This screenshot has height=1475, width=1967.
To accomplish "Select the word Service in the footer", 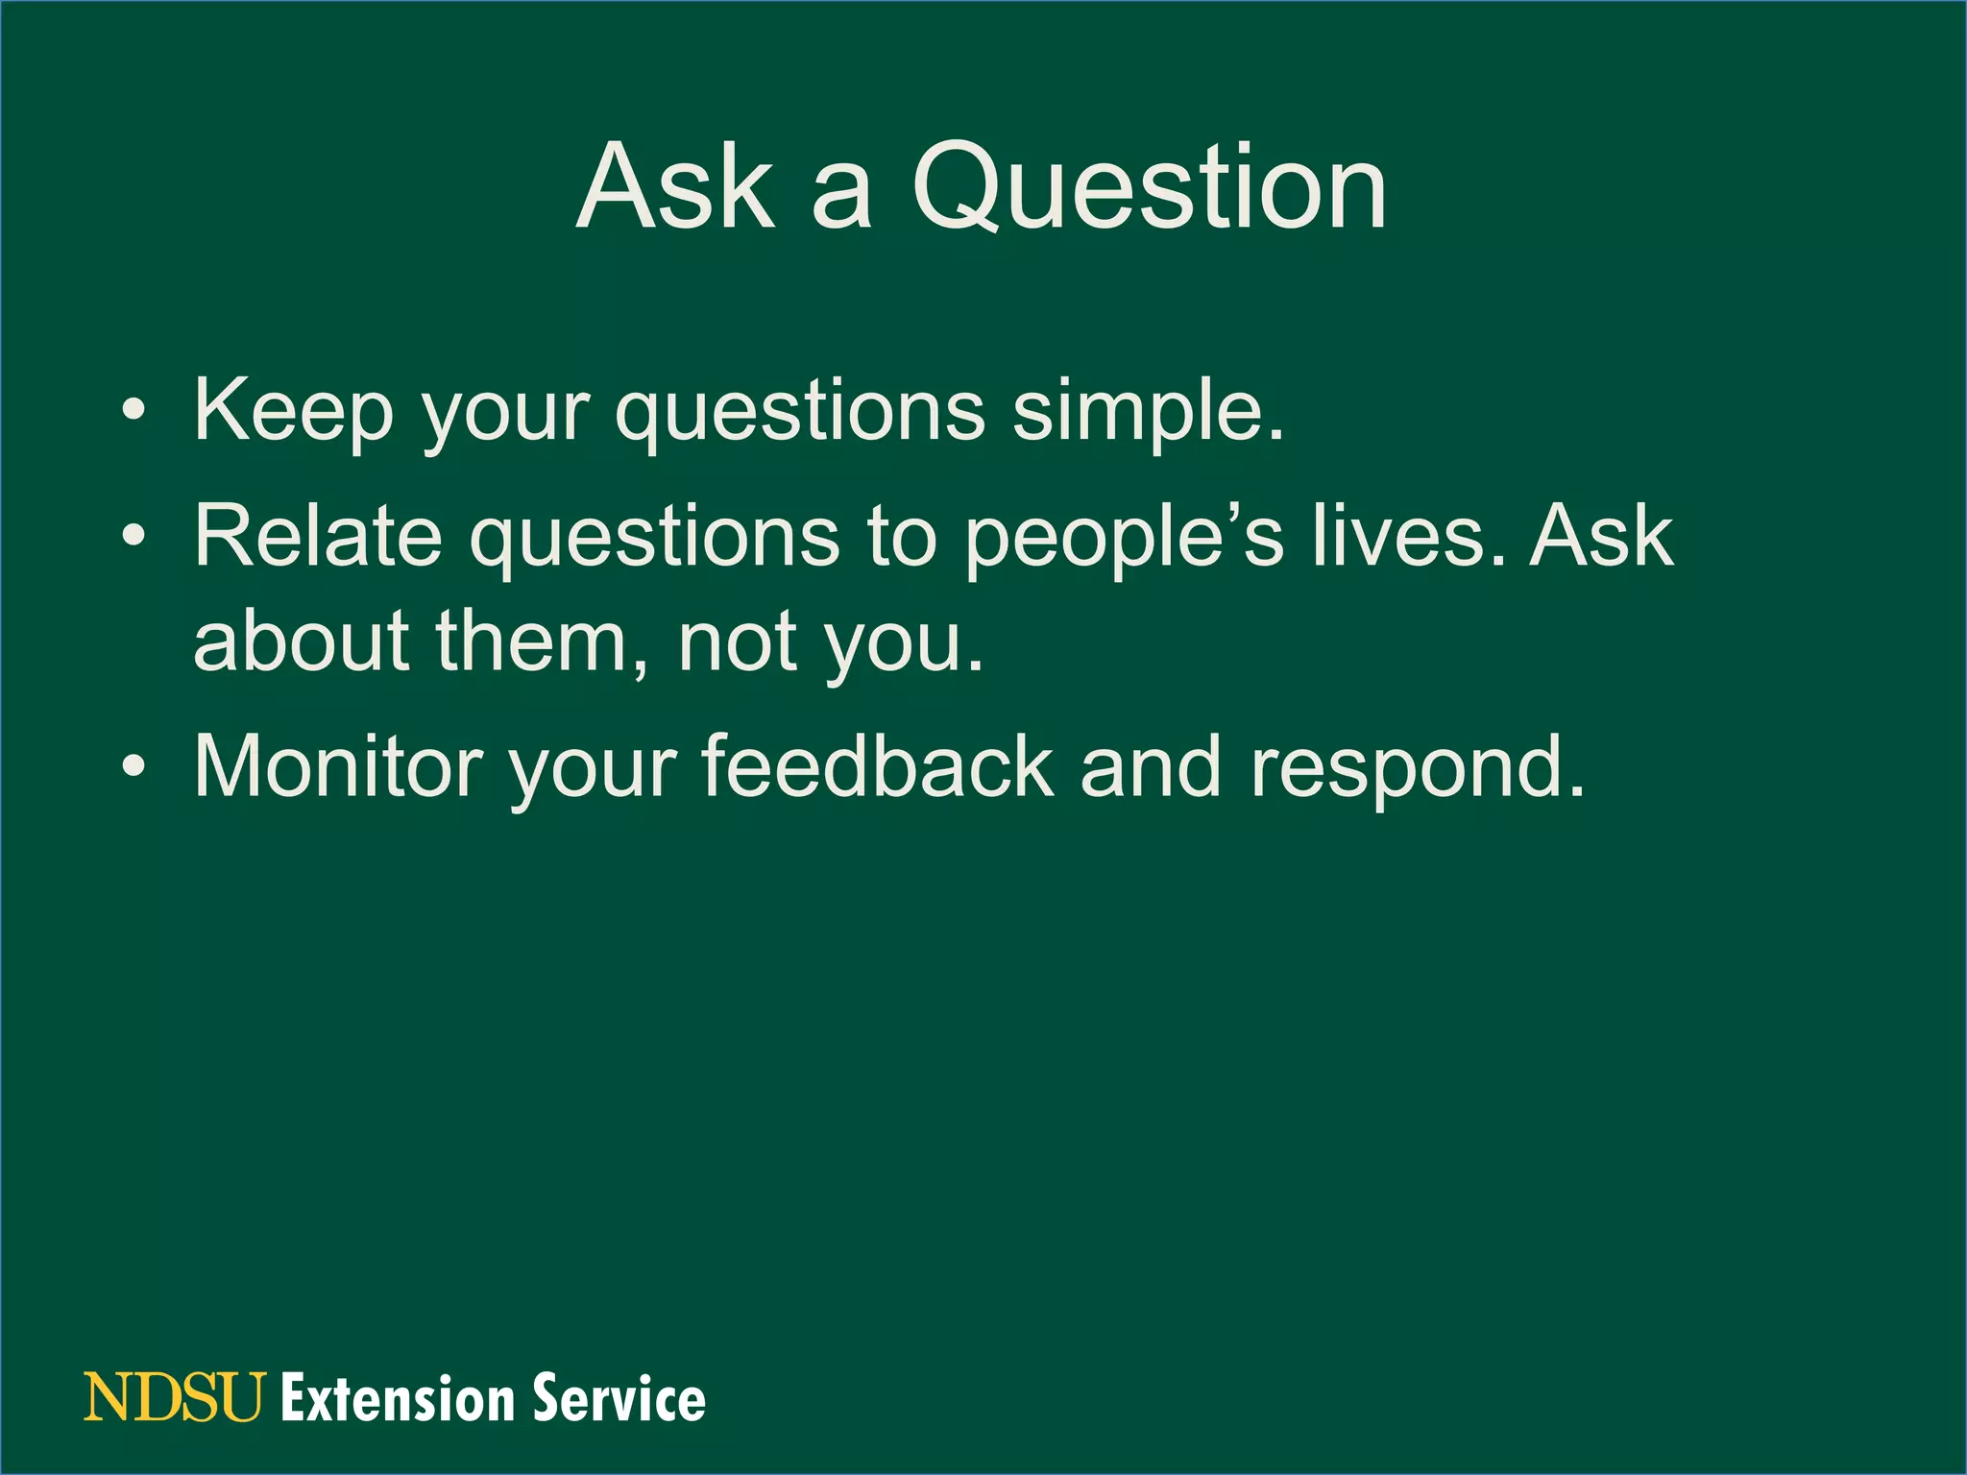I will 619,1398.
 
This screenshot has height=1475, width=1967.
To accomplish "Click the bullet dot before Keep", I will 134,414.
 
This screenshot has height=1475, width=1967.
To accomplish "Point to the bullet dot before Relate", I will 134,537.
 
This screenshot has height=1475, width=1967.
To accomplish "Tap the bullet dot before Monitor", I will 134,766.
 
